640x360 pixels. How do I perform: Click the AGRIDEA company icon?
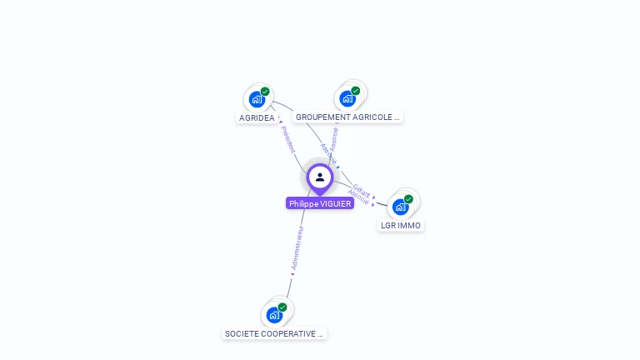257,100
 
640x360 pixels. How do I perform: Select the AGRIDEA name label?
257,118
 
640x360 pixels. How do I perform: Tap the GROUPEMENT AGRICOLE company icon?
347,99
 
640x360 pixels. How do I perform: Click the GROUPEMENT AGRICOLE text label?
347,117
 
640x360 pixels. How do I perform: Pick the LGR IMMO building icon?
400,207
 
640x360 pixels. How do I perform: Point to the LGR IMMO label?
401,226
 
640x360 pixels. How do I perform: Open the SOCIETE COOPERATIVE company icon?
274,316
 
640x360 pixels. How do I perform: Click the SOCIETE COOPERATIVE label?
274,334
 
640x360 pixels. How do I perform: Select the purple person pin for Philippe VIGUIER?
320,177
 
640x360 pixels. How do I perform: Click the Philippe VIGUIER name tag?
320,203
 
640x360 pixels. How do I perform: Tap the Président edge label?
287,139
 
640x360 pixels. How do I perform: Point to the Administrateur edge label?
297,247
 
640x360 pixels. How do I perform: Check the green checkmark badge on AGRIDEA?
265,92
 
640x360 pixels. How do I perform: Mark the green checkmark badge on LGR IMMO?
408,199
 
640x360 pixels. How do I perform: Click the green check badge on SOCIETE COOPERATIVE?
282,307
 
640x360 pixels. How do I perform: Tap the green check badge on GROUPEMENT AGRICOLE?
356,91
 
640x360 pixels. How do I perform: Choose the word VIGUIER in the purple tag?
335,203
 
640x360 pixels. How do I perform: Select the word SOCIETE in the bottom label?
241,334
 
